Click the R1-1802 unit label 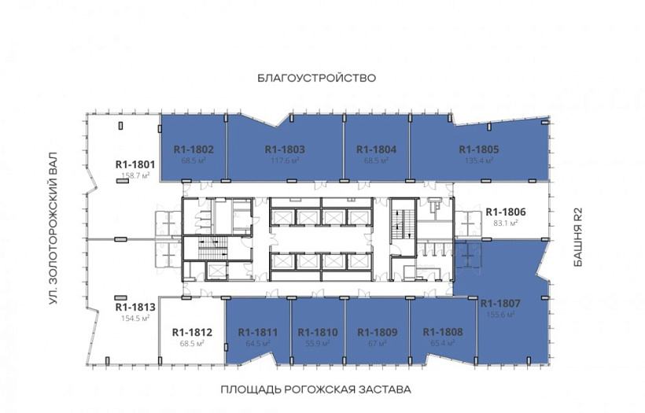pos(193,149)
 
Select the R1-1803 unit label pos(285,149)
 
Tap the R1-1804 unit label pos(377,149)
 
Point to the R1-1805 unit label pos(479,149)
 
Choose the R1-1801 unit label pos(135,164)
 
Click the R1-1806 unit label pos(506,212)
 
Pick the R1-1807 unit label pos(500,304)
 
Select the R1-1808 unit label pos(443,332)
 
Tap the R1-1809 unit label pos(378,332)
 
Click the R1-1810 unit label pos(318,332)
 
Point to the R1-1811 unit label pos(258,332)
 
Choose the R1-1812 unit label pos(192,332)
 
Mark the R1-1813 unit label pos(135,307)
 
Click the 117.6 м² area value pos(285,160)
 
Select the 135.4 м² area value pos(479,160)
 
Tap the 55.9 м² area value pos(318,343)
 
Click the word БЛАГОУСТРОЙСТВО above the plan pos(317,78)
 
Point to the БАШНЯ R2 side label pos(578,237)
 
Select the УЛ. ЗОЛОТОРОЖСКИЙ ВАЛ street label pos(53,229)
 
